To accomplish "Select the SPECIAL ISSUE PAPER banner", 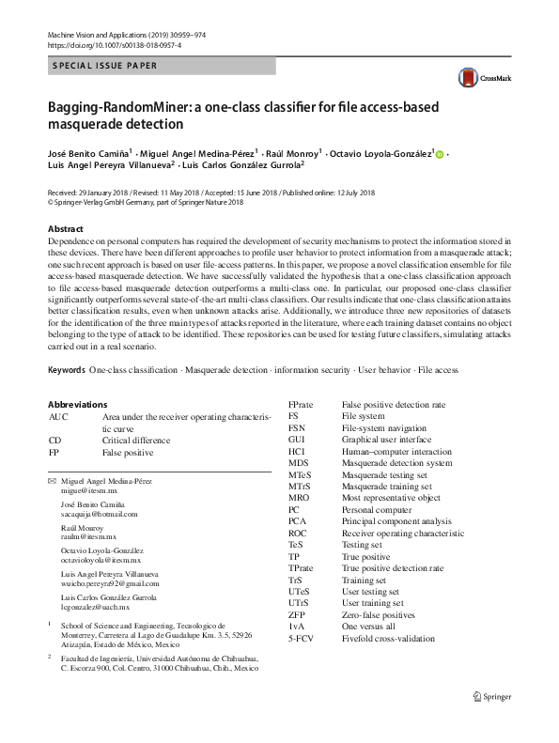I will pos(105,66).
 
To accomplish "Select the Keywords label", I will pos(67,370).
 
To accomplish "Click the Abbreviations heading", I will pos(77,404).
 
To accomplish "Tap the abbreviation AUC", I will pos(58,416).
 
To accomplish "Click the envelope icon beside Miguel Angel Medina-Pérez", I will pos(52,480).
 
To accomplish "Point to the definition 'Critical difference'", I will pos(136,440).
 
